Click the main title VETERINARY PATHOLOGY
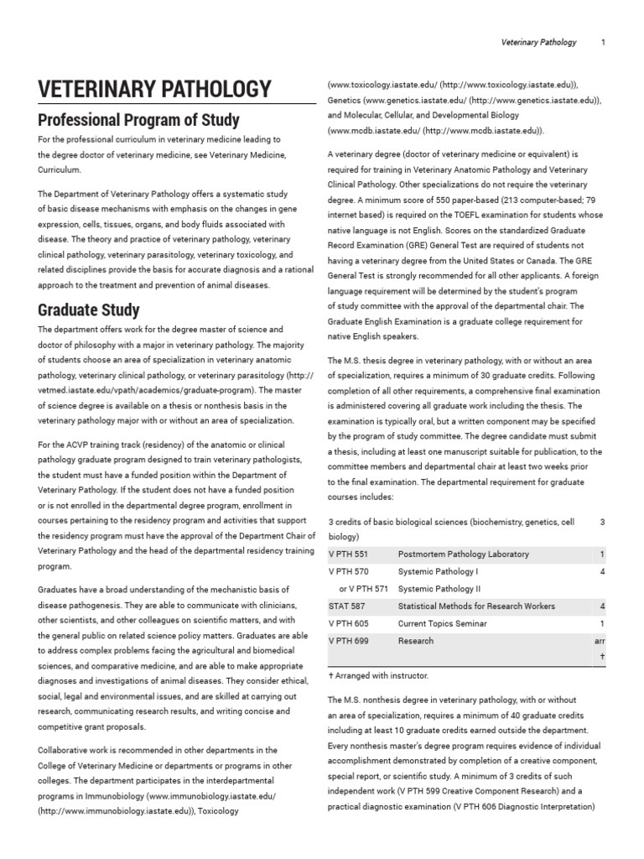154,90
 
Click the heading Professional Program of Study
138,119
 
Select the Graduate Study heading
88,310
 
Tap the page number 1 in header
603,42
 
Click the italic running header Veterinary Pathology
538,42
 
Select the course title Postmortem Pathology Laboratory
463,554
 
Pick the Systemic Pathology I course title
438,572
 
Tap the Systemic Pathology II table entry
439,589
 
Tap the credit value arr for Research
599,641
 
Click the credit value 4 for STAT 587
602,607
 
